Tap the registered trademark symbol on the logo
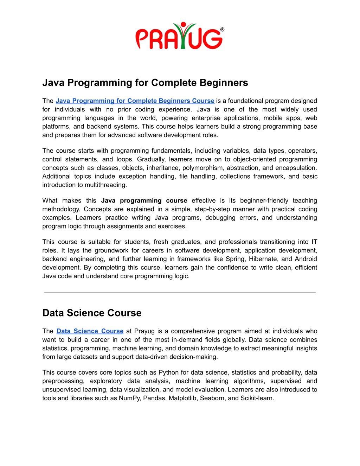click(x=222, y=30)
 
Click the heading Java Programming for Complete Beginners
click(x=145, y=83)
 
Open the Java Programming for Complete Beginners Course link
click(x=135, y=101)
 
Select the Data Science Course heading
click(x=92, y=313)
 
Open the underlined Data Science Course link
click(x=90, y=331)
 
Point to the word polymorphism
click(x=202, y=168)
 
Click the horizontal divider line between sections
click(x=180, y=293)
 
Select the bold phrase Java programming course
click(x=144, y=201)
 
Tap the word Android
click(x=306, y=259)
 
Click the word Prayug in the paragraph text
click(x=144, y=331)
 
